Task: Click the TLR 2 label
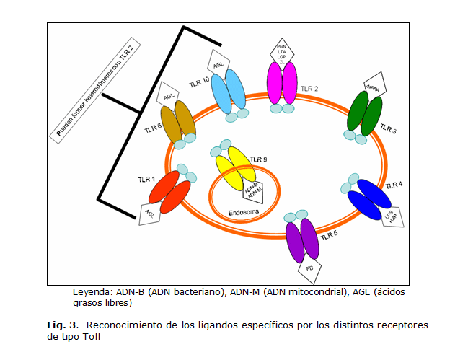(310, 89)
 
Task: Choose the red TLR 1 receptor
(173, 193)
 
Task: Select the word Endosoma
(242, 213)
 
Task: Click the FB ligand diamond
(309, 271)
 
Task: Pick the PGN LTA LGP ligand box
(282, 53)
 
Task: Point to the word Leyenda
(91, 293)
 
